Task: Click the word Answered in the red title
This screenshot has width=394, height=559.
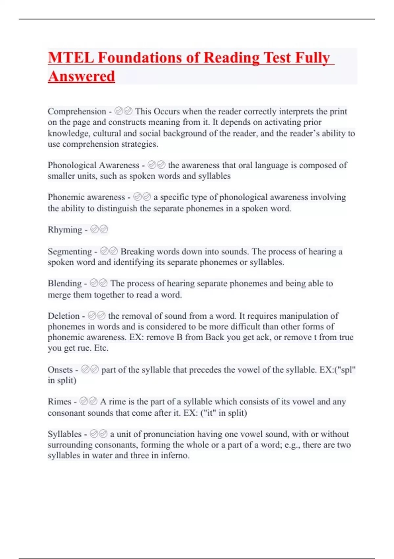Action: pos(81,76)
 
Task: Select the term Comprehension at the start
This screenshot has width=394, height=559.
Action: pos(77,111)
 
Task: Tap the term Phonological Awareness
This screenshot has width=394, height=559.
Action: pos(94,165)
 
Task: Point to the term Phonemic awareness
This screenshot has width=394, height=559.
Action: pos(86,197)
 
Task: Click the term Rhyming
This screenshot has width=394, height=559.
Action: pos(65,230)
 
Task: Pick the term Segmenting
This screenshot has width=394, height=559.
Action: pos(70,252)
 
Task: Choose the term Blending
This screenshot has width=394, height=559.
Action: pos(65,283)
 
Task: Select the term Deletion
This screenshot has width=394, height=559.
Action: pos(64,316)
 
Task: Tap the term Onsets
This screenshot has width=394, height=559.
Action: pos(60,370)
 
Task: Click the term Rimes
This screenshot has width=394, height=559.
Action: pos(59,401)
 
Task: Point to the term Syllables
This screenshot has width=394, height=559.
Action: pos(64,434)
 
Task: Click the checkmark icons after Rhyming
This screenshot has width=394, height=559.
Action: pos(99,230)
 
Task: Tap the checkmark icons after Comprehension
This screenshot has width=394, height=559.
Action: pos(123,111)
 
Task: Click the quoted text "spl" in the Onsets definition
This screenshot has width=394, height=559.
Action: pos(347,370)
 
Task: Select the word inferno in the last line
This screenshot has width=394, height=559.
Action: pos(174,455)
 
